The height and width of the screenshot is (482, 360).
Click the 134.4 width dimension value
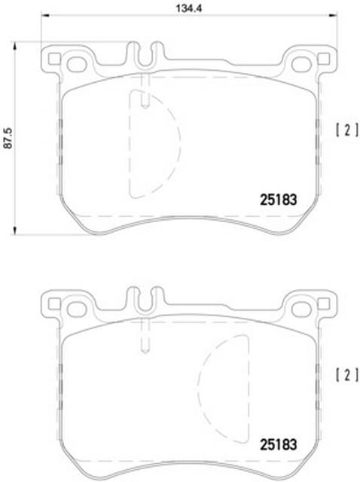188,8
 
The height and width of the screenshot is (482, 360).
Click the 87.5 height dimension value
8,139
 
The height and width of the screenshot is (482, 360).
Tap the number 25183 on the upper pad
279,200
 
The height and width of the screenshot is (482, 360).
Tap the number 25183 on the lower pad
279,444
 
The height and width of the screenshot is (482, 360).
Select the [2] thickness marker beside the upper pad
347,130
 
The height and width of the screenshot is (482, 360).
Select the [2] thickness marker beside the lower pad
347,375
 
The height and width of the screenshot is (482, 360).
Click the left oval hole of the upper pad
77,64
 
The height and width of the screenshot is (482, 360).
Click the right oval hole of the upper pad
301,64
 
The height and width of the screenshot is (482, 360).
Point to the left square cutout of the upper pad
55,59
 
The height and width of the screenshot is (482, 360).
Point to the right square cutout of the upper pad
324,59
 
